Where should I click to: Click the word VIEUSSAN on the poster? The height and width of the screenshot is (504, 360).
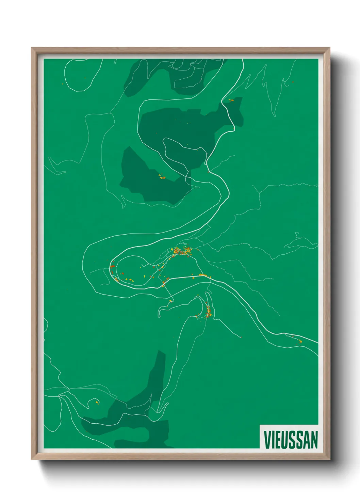(291, 440)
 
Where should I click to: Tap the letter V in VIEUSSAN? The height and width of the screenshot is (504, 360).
(267, 440)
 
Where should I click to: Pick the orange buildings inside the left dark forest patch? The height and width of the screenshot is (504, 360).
(161, 177)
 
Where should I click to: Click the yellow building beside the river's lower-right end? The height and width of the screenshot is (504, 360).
(300, 341)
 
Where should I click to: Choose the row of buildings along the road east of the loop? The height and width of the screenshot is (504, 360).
(203, 275)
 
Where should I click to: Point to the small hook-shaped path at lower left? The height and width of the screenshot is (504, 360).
(94, 403)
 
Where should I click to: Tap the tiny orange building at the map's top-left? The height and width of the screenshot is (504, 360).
(62, 84)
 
